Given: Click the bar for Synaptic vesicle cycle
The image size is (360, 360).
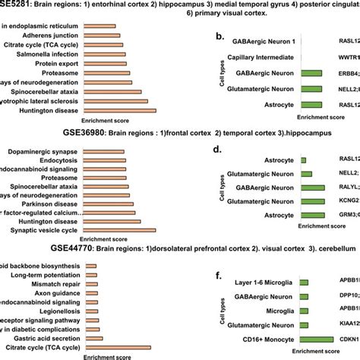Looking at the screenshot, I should pyautogui.click(x=118, y=231).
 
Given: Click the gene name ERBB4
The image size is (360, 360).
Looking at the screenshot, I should pyautogui.click(x=349, y=74).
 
